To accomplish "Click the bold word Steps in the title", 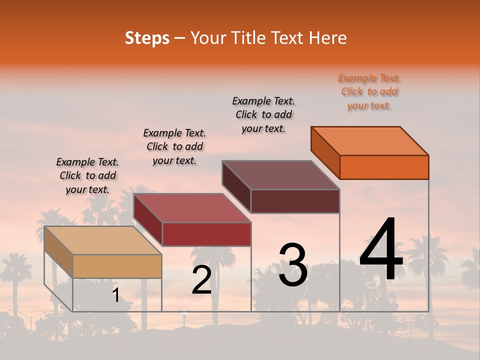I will [147, 38].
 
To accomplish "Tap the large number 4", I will [381, 250].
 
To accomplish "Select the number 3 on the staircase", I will [293, 265].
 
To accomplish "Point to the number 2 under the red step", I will [201, 280].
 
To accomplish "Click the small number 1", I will [115, 295].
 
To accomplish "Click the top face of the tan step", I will [103, 240].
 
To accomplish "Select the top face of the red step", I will [192, 207].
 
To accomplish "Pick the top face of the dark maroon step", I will [281, 175].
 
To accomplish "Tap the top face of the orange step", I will [370, 140].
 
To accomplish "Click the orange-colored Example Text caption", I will [369, 91].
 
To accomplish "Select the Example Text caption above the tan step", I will [87, 175].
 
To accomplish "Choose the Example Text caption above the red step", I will [174, 146].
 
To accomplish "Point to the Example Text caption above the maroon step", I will [263, 114].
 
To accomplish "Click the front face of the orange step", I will [384, 167].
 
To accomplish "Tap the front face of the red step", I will [206, 234].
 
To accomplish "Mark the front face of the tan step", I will [117, 266].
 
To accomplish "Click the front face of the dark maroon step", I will [295, 201].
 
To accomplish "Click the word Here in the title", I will [328, 38].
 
